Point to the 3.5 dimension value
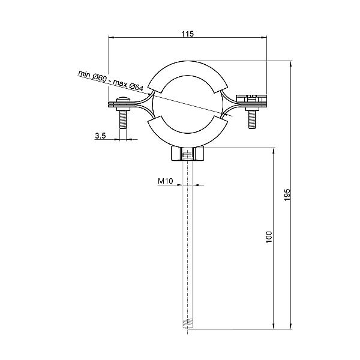(x=100, y=136)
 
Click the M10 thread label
(x=165, y=181)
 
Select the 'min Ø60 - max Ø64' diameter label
(x=110, y=81)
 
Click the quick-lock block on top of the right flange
(x=251, y=97)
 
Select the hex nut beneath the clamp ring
(x=188, y=155)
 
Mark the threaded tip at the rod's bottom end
(x=188, y=326)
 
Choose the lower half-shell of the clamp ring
(x=188, y=136)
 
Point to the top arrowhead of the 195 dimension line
(x=291, y=62)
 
